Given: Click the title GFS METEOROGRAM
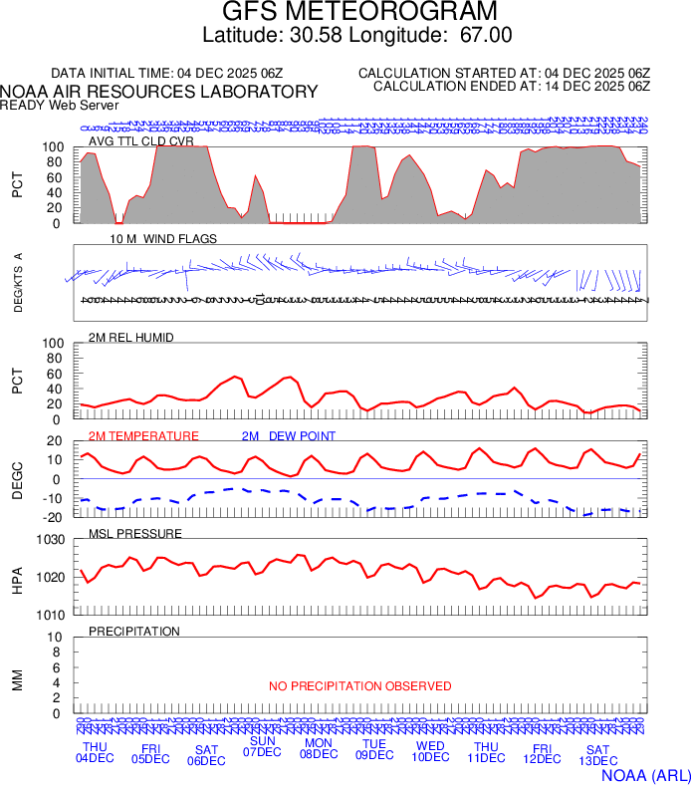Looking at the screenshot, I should (x=358, y=12).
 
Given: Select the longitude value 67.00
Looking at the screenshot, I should (x=485, y=35).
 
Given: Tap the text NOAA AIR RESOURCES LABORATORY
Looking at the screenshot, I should (x=159, y=91).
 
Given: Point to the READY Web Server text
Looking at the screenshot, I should (x=60, y=105).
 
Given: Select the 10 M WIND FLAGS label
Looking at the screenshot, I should (x=163, y=239).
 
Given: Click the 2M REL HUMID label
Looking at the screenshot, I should (x=131, y=338).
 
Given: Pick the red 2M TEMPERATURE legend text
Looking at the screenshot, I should (x=143, y=436).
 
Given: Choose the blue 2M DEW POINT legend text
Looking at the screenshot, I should (x=288, y=436).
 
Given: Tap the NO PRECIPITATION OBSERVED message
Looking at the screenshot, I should (x=360, y=686).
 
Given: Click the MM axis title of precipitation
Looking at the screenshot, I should (x=17, y=679).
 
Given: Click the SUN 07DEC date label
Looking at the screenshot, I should (x=262, y=746).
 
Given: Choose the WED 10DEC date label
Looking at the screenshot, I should (x=430, y=751).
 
